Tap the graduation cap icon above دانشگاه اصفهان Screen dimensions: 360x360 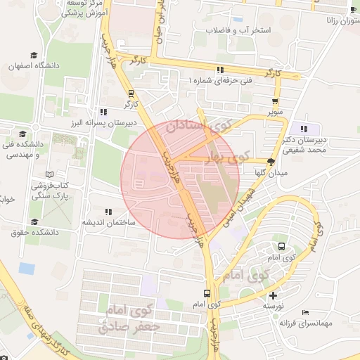click(33, 55)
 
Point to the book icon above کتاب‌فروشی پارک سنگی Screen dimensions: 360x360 click(49, 174)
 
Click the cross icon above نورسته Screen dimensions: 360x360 click(273, 295)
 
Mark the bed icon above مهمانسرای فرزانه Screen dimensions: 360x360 click(304, 312)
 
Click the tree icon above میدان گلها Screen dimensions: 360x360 click(271, 162)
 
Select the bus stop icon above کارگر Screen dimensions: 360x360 click(131, 93)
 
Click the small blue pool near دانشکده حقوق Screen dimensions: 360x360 click(27, 268)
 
